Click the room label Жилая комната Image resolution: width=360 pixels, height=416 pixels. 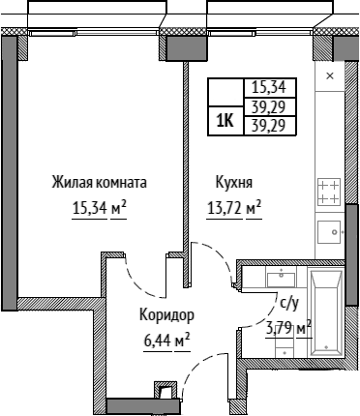click(x=99, y=182)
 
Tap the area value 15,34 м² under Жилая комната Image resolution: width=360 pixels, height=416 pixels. click(x=99, y=208)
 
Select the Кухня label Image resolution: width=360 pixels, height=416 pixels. click(x=234, y=183)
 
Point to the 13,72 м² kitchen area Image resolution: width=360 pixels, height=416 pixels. click(x=234, y=208)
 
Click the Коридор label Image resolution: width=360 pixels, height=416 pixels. click(x=166, y=314)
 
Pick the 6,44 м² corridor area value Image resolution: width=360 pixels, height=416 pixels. click(x=166, y=341)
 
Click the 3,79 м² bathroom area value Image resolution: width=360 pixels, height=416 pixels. click(x=288, y=329)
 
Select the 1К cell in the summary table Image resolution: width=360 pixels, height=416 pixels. click(x=225, y=121)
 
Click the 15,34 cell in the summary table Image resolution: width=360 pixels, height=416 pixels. click(x=269, y=87)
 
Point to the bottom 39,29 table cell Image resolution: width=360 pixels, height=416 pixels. click(x=269, y=126)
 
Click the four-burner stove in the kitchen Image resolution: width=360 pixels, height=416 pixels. click(x=329, y=192)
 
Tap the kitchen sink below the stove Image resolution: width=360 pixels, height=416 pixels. click(x=329, y=232)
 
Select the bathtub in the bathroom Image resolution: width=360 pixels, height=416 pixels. click(x=326, y=313)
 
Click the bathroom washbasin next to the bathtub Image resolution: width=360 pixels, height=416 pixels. click(x=281, y=280)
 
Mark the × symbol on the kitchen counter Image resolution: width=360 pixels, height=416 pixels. click(x=330, y=76)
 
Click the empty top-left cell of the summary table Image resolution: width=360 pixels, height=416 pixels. click(x=225, y=92)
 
